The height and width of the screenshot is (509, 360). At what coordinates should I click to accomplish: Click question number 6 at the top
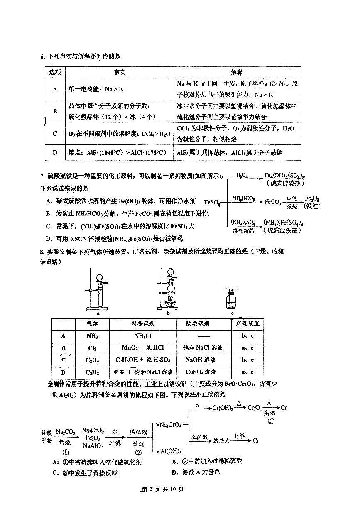point(42,56)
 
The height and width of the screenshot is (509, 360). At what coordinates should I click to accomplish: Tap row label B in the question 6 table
point(55,111)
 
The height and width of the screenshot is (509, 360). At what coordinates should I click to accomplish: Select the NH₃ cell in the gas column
point(91,336)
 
